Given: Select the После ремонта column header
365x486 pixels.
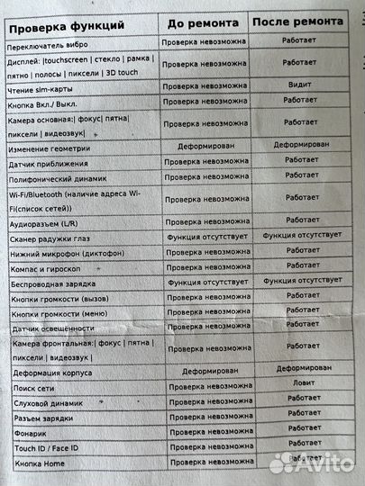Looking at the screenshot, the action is point(301,22).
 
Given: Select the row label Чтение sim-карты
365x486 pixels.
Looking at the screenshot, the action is point(44,86).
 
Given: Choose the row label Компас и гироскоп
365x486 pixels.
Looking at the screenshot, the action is point(49,267).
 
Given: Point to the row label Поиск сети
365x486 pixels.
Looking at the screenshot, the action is point(36,386).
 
